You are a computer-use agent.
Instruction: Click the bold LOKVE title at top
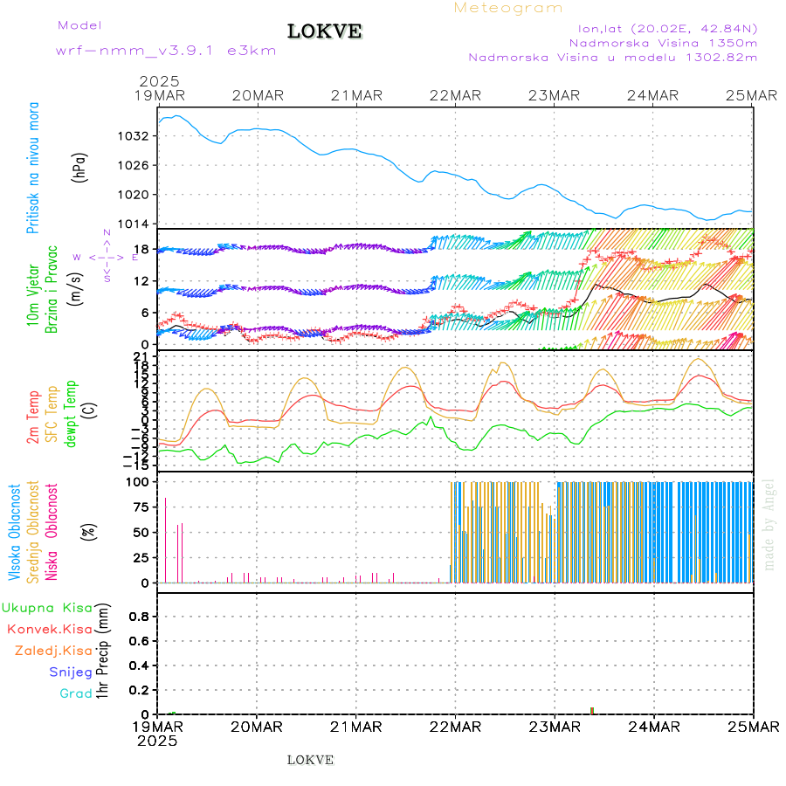pyautogui.click(x=324, y=32)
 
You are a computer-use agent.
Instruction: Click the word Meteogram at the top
pyautogui.click(x=508, y=8)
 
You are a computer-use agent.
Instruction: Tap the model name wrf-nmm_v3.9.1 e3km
pyautogui.click(x=166, y=51)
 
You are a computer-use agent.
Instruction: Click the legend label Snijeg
pyautogui.click(x=71, y=672)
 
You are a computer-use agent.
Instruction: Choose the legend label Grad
pyautogui.click(x=75, y=693)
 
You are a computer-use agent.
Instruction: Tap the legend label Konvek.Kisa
pyautogui.click(x=49, y=629)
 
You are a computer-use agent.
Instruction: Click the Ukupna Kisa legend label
pyautogui.click(x=46, y=607)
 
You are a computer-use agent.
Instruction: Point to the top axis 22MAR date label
pyautogui.click(x=455, y=95)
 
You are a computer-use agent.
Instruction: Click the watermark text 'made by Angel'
pyautogui.click(x=769, y=524)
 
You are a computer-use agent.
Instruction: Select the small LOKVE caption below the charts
pyautogui.click(x=310, y=760)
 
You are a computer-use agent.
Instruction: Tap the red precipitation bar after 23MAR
pyautogui.click(x=591, y=710)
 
